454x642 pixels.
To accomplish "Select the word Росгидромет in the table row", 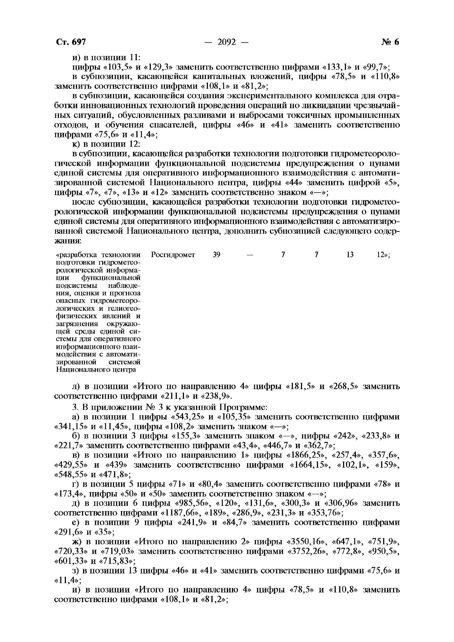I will coord(173,255).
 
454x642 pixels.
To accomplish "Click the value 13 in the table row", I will coord(350,255).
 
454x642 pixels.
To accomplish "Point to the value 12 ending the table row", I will coord(382,255).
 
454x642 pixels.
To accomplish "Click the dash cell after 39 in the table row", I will coord(250,255).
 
